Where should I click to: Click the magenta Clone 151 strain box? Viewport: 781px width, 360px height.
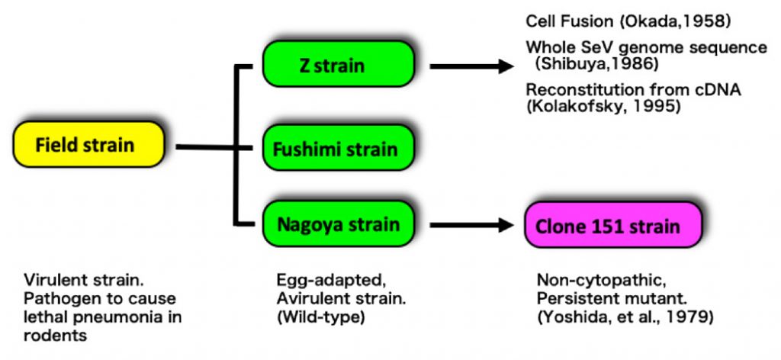pos(612,226)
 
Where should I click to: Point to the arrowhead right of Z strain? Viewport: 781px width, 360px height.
pos(505,67)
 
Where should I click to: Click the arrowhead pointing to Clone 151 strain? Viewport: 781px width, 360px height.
pos(505,225)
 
